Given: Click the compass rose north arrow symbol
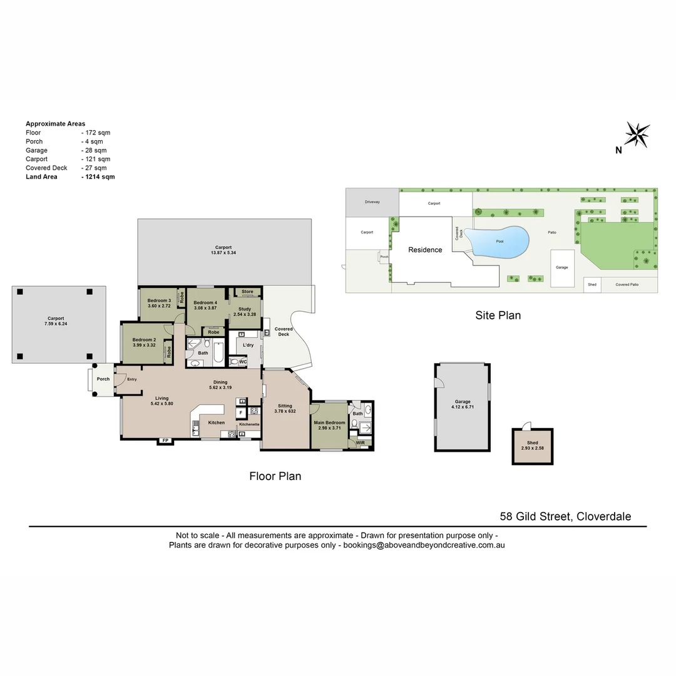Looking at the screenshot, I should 637,135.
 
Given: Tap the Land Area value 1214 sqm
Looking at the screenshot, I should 98,177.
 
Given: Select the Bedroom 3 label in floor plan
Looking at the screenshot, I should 159,303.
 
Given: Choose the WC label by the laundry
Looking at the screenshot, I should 242,362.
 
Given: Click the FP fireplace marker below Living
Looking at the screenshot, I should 165,441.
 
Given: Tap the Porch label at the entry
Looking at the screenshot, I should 103,379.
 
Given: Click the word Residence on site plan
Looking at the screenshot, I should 425,250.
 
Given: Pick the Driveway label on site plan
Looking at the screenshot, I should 372,202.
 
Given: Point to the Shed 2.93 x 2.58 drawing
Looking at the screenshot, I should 533,446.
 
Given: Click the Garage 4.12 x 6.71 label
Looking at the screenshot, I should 463,404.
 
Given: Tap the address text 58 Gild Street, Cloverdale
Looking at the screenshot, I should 565,516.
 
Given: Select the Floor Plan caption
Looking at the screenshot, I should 275,476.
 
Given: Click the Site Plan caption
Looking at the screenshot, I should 498,315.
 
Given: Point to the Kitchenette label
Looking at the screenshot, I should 248,425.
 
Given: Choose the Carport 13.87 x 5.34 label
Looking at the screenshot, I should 223,250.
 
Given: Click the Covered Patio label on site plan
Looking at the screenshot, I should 627,285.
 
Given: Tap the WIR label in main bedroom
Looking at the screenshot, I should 360,443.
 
